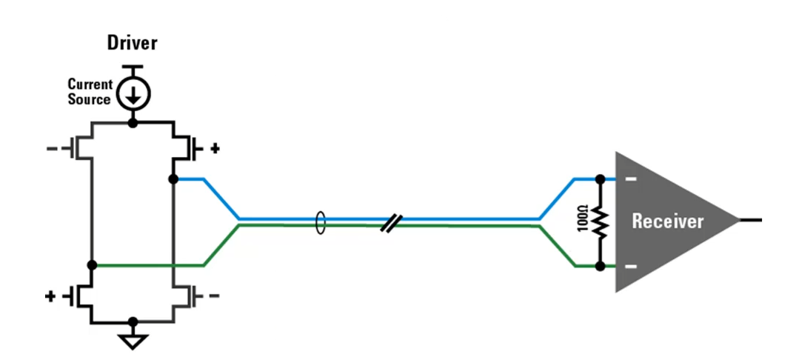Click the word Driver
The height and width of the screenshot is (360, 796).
[133, 43]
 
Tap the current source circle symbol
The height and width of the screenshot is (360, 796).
[134, 93]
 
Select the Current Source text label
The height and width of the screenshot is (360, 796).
[90, 92]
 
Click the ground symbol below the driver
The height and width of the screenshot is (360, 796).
[133, 341]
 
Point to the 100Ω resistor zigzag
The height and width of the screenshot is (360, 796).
[600, 221]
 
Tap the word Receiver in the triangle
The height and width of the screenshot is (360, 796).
[668, 221]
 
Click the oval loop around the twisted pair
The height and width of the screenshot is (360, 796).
[320, 222]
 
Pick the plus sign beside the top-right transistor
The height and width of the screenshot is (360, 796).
[215, 148]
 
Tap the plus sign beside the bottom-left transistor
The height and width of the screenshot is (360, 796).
[51, 296]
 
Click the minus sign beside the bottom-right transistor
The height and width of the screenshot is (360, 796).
[215, 296]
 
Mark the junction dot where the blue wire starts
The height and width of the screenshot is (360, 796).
[173, 179]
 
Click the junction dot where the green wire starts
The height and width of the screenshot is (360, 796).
[92, 264]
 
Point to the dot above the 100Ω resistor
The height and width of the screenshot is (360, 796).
[600, 179]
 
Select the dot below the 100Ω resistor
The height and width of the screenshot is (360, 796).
[600, 265]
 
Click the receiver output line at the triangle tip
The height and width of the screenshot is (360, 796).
[749, 220]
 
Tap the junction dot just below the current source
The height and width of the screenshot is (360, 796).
[133, 121]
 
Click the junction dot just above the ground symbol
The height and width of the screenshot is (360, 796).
[133, 322]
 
